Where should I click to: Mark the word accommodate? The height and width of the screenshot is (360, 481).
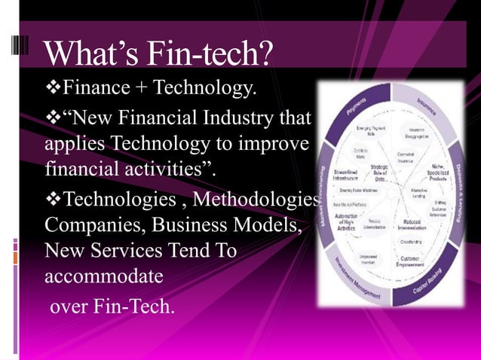point(103,276)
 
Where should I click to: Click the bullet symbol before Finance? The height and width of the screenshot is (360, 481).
point(51,89)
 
